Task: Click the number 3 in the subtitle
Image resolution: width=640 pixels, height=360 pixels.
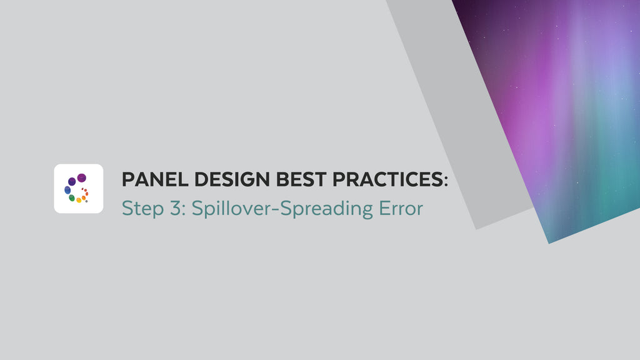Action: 176,208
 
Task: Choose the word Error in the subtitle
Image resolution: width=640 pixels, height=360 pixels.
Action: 401,208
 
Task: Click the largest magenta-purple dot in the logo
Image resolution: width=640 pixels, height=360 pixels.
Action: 81,178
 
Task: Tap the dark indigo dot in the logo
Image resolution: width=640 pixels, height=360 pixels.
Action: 72,181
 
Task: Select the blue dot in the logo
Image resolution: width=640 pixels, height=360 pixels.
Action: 67,190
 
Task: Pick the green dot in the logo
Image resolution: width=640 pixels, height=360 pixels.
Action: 72,197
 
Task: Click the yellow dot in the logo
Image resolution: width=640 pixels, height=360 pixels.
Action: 79,200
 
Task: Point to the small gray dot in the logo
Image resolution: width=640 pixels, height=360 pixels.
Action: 86,201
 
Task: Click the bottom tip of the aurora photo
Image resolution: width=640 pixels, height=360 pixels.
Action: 549,242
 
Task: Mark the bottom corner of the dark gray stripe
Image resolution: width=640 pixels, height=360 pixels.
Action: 476,229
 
